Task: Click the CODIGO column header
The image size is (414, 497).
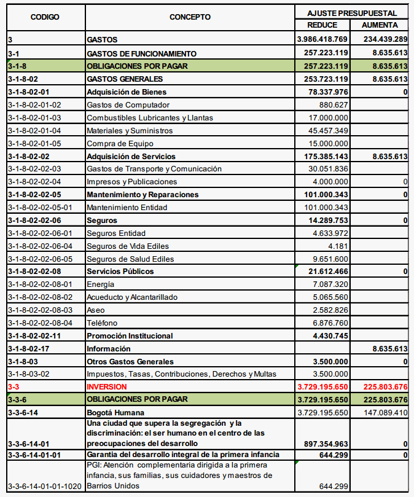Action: (45, 17)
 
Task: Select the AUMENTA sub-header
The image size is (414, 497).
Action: (380, 25)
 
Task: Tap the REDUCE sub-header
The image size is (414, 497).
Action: (322, 25)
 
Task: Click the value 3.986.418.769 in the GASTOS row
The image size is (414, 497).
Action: (322, 40)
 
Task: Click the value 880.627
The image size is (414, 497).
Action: (334, 104)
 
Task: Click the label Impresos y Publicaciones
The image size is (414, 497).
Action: (131, 182)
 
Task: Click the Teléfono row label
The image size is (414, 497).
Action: (101, 323)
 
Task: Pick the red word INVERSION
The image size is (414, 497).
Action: (107, 387)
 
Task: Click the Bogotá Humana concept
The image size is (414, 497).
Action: (115, 413)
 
